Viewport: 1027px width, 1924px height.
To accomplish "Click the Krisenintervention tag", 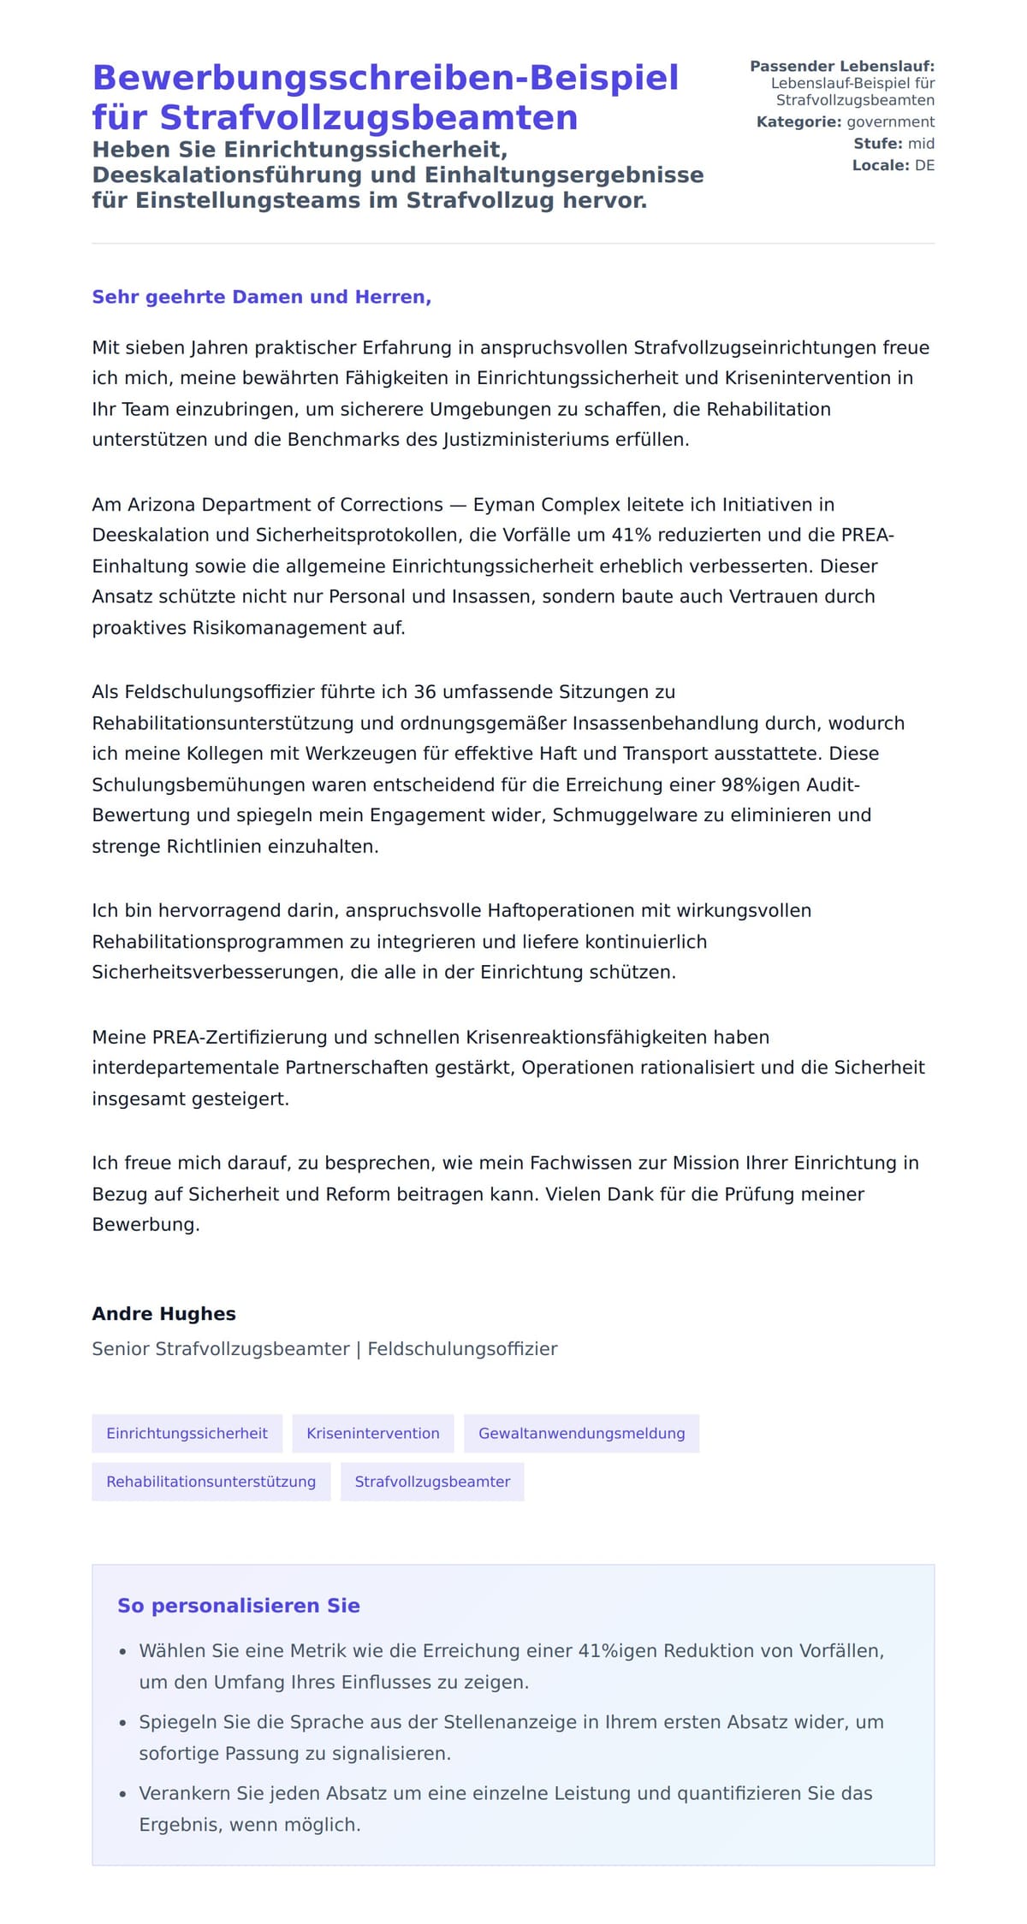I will pos(373,1433).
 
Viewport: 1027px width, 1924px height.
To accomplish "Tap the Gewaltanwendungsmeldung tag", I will pos(581,1433).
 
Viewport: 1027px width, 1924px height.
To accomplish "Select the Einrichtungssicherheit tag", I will pos(187,1433).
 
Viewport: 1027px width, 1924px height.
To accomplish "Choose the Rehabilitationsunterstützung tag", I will pos(211,1481).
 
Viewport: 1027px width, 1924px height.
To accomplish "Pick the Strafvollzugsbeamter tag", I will pos(432,1481).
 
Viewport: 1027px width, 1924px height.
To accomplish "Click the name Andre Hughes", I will pos(163,1313).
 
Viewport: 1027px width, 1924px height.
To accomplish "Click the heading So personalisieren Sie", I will pos(238,1605).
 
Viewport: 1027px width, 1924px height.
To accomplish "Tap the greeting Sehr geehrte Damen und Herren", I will pos(261,297).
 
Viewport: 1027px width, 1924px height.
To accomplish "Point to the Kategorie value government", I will pos(890,121).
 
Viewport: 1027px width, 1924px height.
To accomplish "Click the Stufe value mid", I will pos(921,144).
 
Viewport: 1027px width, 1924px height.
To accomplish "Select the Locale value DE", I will pos(924,165).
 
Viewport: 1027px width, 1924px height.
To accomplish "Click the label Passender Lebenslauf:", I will pos(841,66).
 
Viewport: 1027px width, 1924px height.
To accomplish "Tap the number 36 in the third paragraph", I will pos(425,691).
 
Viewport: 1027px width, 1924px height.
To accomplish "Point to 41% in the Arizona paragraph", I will pos(632,535).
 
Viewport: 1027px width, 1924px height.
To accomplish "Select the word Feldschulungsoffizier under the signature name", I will pos(462,1349).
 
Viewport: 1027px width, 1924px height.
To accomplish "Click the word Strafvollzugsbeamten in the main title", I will pos(369,117).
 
